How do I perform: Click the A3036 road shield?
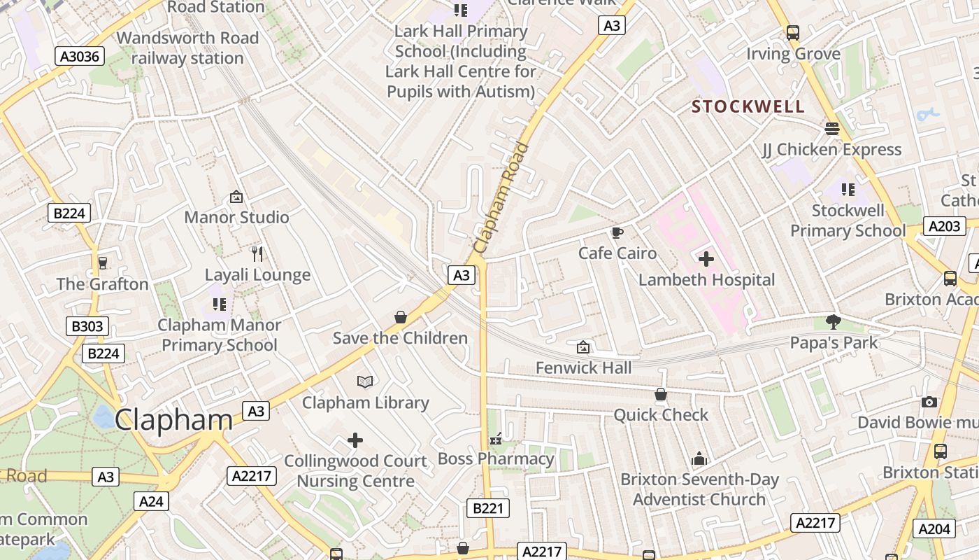point(79,56)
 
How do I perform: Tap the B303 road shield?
point(87,325)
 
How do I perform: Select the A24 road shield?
point(151,501)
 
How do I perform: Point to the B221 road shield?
point(487,508)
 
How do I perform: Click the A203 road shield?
point(944,226)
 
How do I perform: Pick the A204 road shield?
point(934,529)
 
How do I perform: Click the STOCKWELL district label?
point(748,107)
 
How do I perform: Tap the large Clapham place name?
point(173,420)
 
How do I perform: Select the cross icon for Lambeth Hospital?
point(706,259)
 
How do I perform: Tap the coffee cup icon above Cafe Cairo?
point(617,232)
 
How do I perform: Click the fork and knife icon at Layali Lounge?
point(257,253)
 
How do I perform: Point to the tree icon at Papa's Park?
point(833,322)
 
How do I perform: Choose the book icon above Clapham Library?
point(365,381)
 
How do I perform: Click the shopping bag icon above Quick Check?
point(661,394)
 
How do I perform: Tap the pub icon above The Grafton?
point(103,263)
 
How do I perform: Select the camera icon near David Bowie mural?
point(929,402)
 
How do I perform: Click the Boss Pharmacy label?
point(496,459)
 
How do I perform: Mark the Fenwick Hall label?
point(583,367)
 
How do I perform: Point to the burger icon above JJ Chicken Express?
point(831,129)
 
